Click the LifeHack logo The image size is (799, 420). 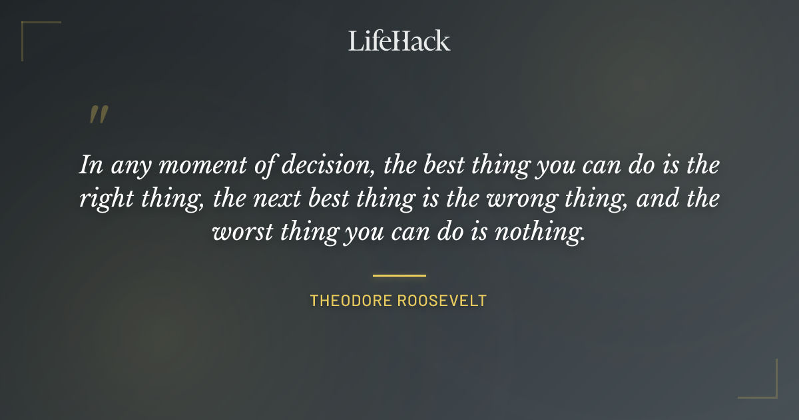pos(399,41)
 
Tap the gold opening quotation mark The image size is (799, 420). pos(98,115)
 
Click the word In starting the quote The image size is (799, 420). pos(89,165)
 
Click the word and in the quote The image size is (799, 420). pos(656,199)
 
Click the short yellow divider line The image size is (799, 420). pos(399,275)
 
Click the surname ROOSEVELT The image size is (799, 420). pos(442,301)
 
